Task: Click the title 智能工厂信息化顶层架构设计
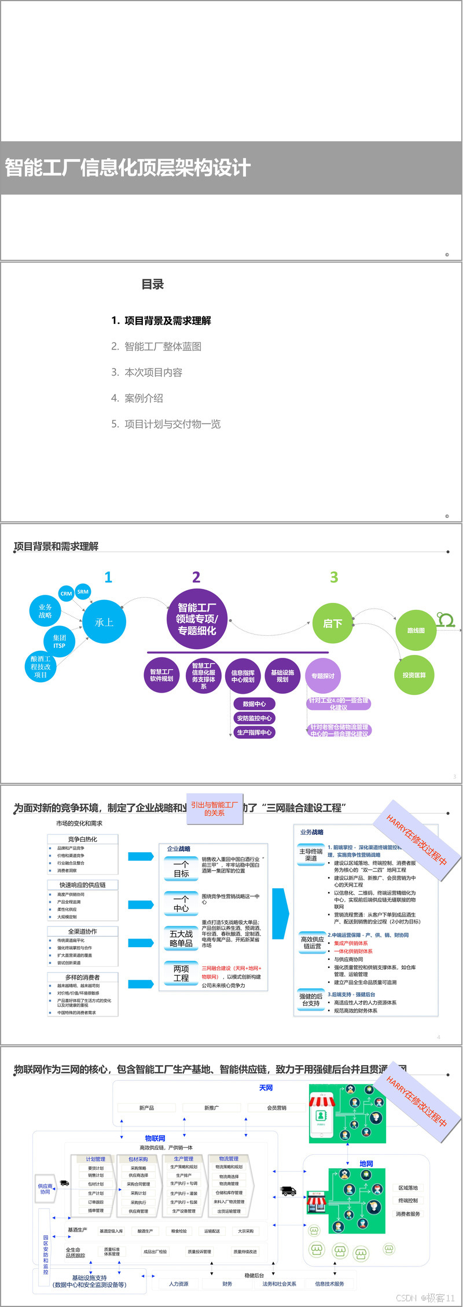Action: tap(128, 168)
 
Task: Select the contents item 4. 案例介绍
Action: tap(137, 398)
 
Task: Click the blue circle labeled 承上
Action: tap(104, 623)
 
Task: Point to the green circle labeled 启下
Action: tap(332, 623)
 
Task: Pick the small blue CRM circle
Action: tap(67, 594)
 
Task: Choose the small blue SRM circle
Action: tap(83, 591)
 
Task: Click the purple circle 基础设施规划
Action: tap(282, 676)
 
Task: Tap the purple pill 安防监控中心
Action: tap(254, 718)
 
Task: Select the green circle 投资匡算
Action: tap(414, 675)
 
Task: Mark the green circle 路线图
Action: tap(416, 631)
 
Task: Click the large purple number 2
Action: tap(196, 577)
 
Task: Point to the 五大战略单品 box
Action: tap(181, 938)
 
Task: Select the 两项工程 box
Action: tap(181, 973)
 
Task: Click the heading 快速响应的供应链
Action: tap(83, 885)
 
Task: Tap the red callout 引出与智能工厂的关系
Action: tap(214, 808)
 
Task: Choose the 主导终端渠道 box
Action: tap(311, 855)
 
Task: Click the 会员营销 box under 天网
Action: tap(277, 1107)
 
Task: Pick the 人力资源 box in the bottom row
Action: tap(179, 1283)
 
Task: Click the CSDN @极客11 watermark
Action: tap(425, 1298)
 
